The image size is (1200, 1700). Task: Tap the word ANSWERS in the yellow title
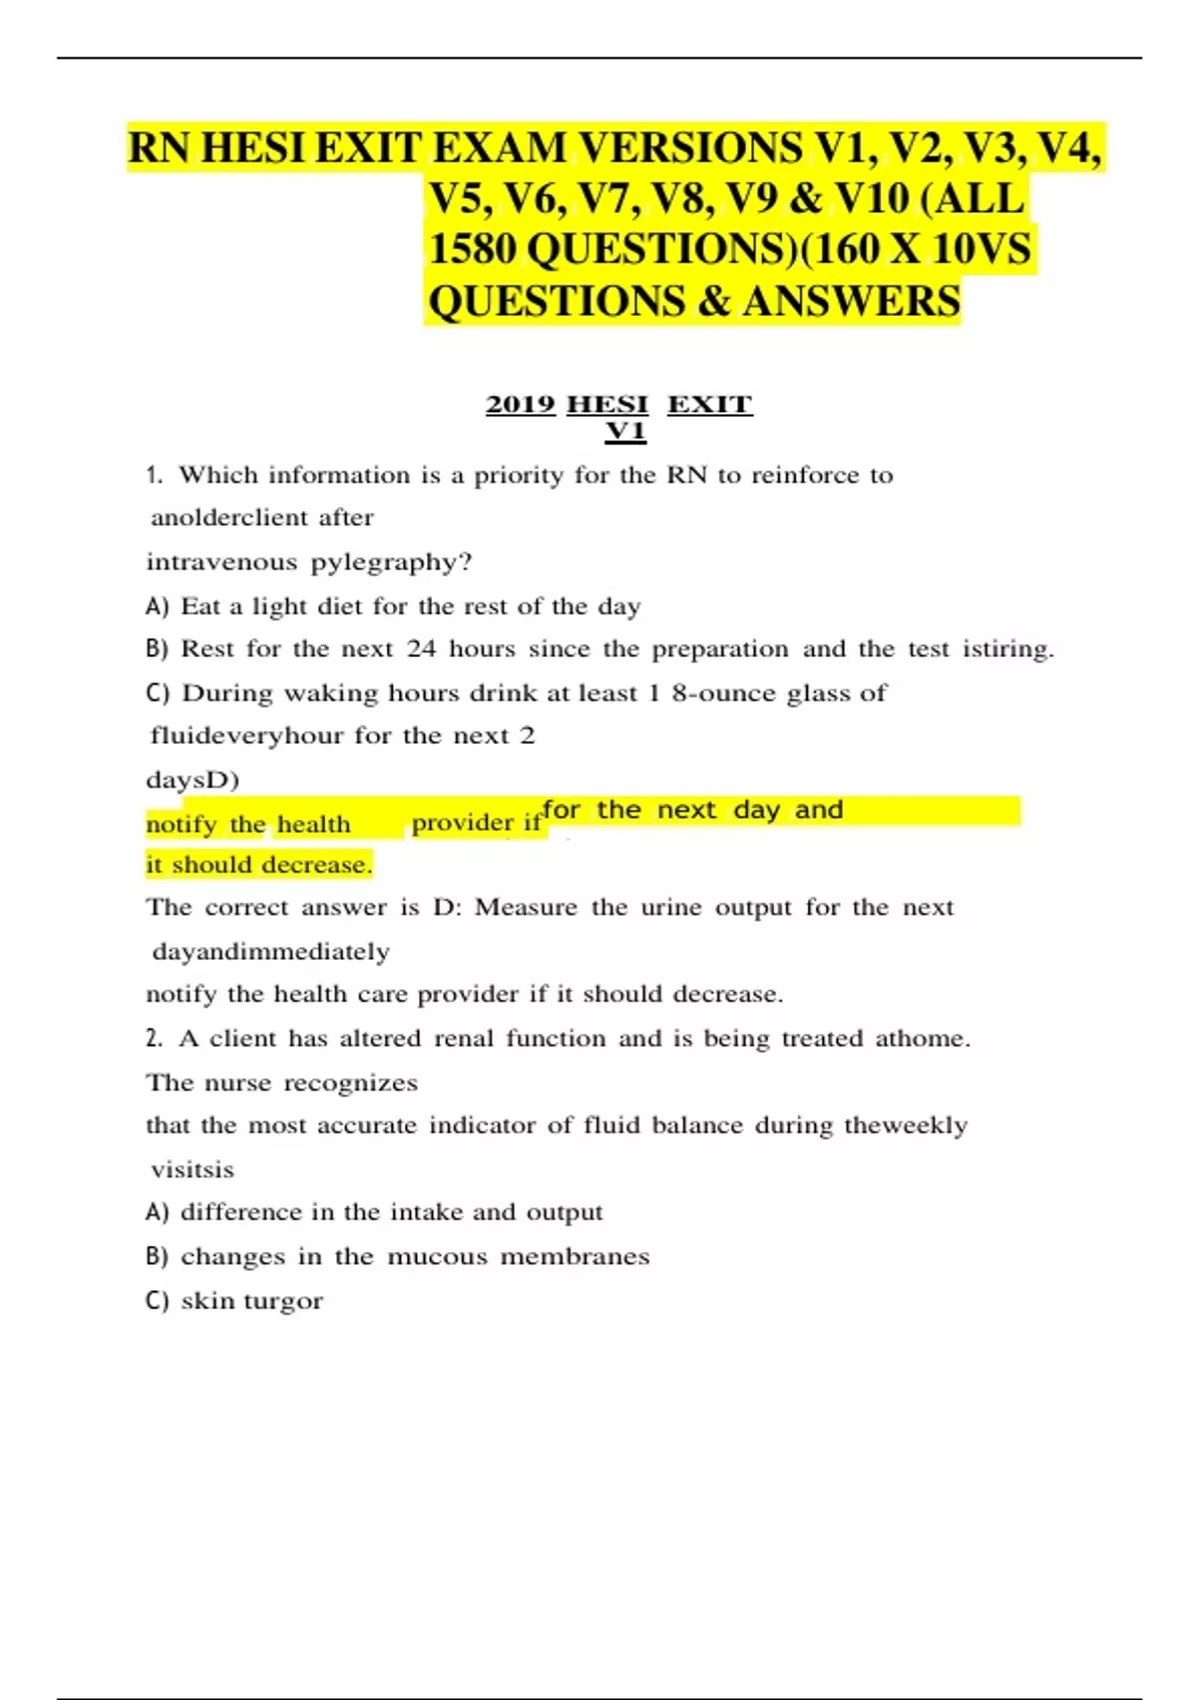pos(851,301)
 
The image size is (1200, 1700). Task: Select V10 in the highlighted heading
pos(870,198)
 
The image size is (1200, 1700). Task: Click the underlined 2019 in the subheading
pos(520,404)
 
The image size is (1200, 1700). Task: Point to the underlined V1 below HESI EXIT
pos(625,431)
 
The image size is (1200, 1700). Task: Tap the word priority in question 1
pos(518,475)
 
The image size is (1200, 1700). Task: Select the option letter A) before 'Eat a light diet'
pos(157,606)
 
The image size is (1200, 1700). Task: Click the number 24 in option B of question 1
pos(421,649)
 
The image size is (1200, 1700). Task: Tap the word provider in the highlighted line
pos(462,823)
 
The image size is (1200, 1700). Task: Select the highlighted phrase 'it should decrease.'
pos(259,865)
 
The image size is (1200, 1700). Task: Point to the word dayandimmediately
pos(271,951)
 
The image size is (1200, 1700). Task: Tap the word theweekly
pos(905,1125)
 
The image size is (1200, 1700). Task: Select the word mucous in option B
pos(437,1256)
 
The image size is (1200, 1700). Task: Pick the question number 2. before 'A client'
pos(154,1038)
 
